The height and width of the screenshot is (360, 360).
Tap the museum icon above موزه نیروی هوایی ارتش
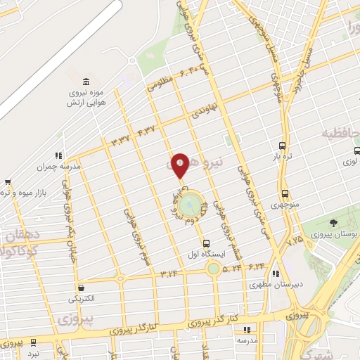point(86,81)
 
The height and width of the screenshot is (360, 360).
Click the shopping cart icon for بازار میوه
point(7,182)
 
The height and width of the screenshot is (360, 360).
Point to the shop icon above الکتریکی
point(82,288)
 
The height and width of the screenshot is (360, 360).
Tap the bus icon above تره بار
point(282,146)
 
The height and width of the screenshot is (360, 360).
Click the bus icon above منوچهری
point(285,193)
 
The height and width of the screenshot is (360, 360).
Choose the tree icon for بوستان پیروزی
point(342,222)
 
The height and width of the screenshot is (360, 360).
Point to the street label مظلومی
point(160,82)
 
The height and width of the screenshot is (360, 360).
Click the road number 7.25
point(295,240)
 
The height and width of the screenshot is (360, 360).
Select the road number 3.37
point(122,139)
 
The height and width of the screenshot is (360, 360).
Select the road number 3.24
point(169,273)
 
